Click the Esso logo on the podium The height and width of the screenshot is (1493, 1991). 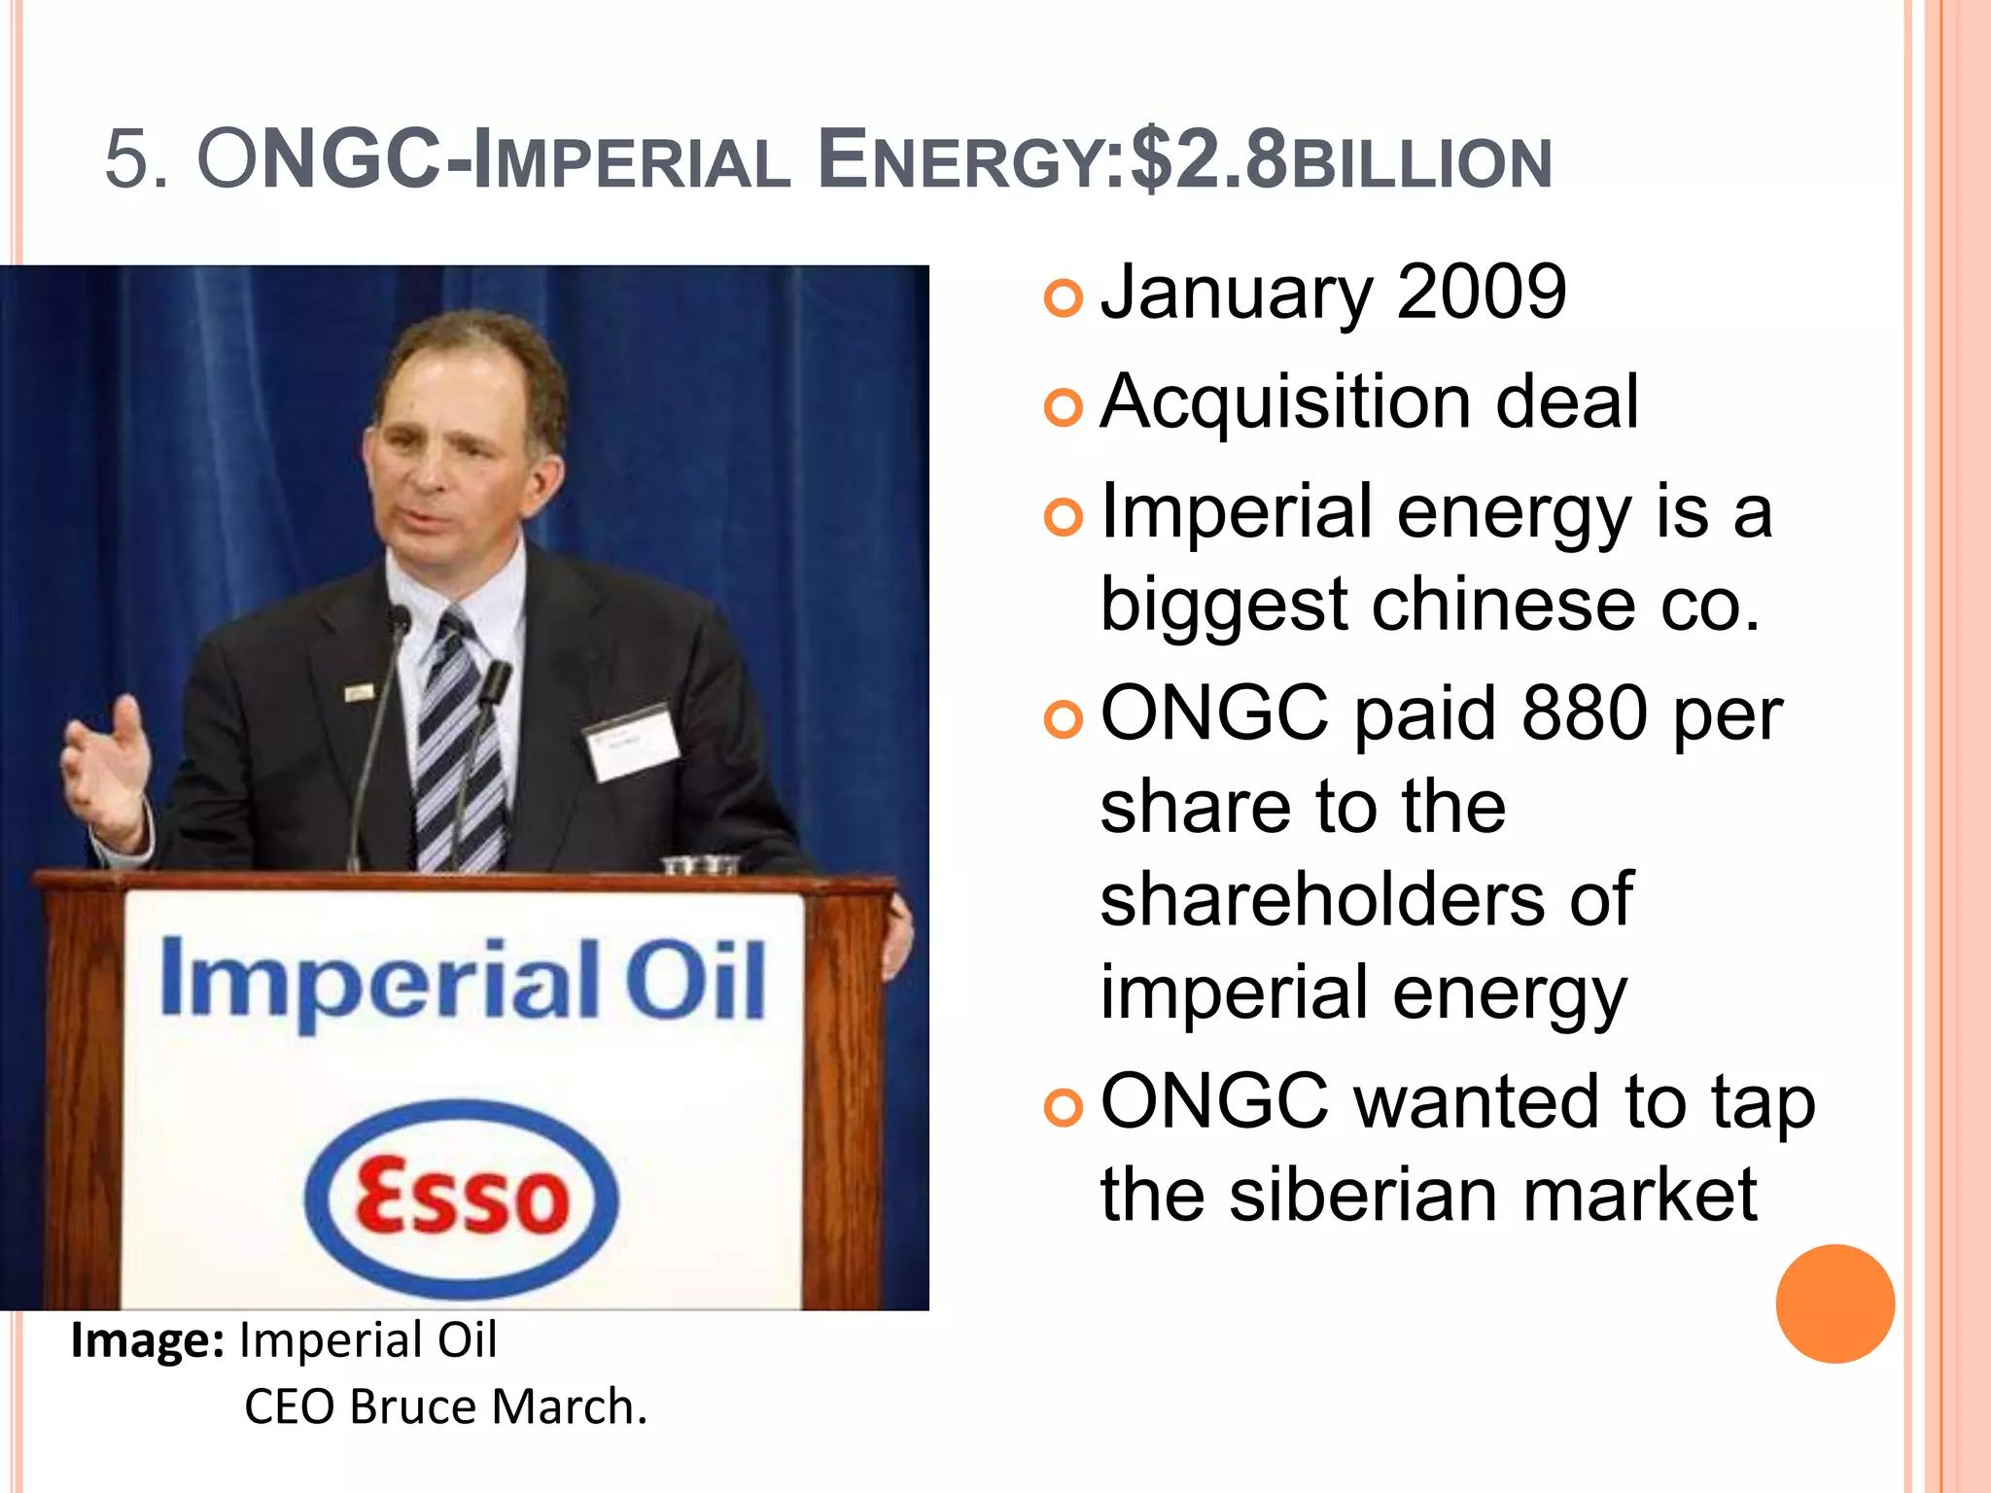(x=461, y=1198)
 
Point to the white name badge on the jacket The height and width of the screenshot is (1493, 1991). (x=632, y=741)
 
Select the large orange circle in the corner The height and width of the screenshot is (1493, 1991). (x=1834, y=1303)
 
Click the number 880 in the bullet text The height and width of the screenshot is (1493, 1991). (x=1585, y=713)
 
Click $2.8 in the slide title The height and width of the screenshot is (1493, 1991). (x=1208, y=160)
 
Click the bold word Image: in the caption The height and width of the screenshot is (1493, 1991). (x=148, y=1340)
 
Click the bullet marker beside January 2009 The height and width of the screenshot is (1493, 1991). (x=1063, y=297)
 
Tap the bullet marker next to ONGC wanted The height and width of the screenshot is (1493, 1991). (x=1063, y=1107)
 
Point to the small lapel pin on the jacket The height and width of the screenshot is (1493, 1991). (x=359, y=692)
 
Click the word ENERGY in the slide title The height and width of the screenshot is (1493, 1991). (x=959, y=160)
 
